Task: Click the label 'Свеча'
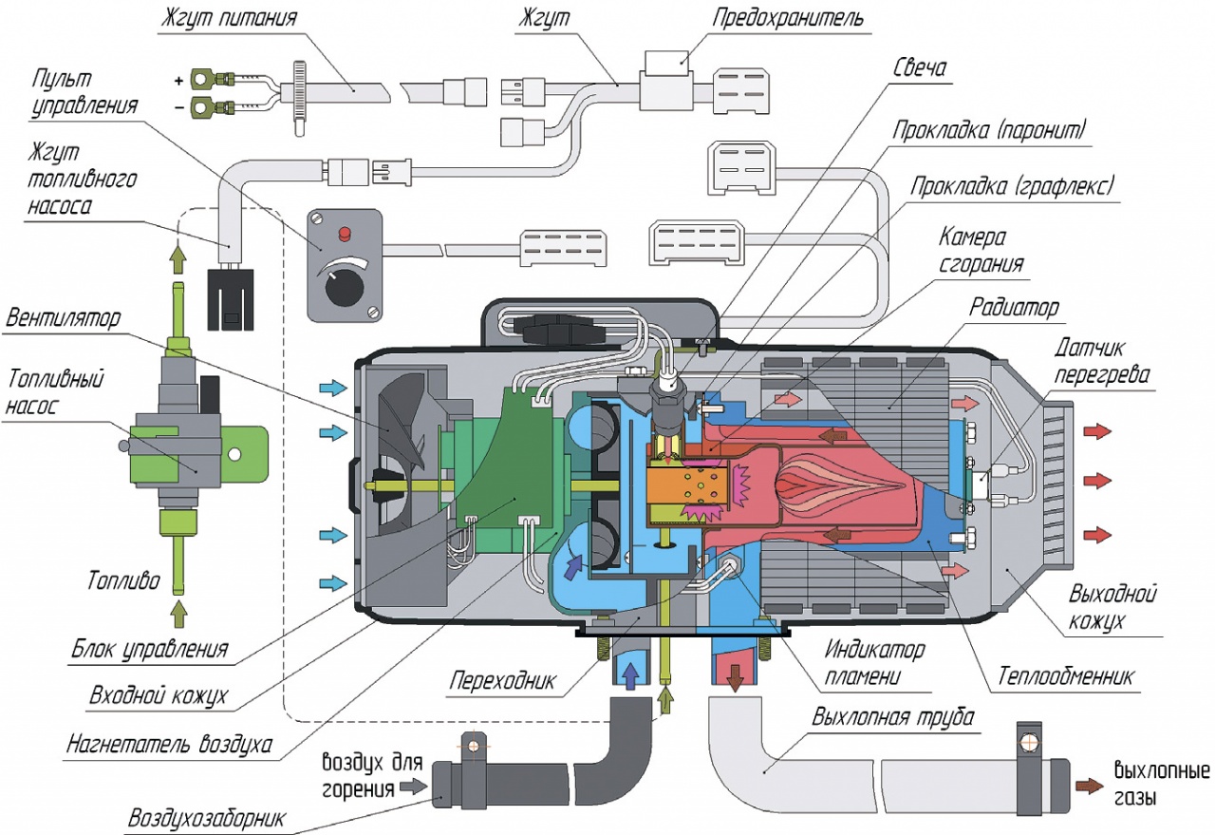click(x=920, y=67)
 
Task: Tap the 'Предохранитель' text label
click(x=788, y=18)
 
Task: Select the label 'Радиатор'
click(x=1014, y=307)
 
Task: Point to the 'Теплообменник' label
click(x=1066, y=676)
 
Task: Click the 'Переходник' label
click(x=503, y=680)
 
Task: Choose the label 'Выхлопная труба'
click(x=893, y=716)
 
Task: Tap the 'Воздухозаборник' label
click(x=207, y=818)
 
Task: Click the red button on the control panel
click(x=344, y=235)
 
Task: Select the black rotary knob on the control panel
click(x=340, y=288)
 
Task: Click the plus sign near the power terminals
click(x=178, y=82)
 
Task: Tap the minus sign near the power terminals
click(x=179, y=108)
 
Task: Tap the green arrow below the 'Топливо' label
click(x=178, y=614)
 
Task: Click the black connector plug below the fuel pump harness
click(x=231, y=299)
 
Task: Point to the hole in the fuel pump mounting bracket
click(x=234, y=453)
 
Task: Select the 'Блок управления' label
click(x=150, y=650)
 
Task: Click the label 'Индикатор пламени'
click(x=874, y=663)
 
